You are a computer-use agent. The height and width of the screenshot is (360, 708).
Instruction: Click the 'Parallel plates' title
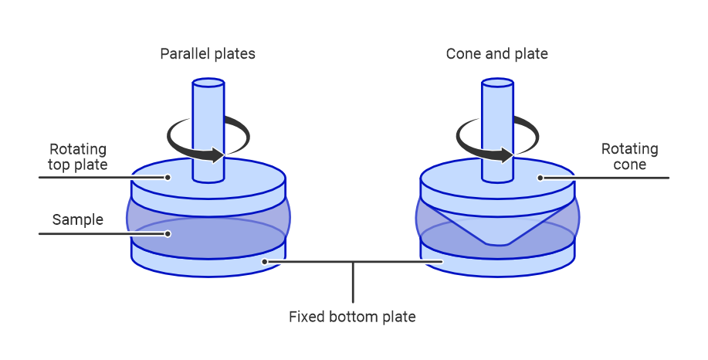(x=207, y=54)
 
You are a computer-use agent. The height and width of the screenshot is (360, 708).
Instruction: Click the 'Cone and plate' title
(x=496, y=54)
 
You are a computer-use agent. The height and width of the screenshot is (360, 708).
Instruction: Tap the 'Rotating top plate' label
(x=78, y=157)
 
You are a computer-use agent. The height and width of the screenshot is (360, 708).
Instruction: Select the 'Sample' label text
(x=78, y=219)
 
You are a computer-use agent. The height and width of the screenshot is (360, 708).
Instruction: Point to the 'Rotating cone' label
(x=630, y=157)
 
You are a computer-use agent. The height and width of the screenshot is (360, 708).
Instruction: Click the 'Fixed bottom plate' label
(x=352, y=317)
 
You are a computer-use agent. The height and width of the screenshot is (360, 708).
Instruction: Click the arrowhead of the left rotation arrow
(x=220, y=155)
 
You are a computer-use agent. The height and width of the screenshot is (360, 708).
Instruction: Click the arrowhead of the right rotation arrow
(x=510, y=155)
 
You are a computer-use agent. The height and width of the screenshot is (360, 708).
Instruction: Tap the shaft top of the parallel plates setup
(x=208, y=82)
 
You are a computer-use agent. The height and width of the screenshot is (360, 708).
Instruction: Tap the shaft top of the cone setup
(x=497, y=82)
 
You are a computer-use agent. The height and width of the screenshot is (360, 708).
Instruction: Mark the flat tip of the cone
(x=498, y=243)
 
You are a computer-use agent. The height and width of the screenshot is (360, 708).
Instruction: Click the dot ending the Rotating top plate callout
(x=168, y=178)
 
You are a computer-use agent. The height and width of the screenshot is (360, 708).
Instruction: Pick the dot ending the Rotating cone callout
(x=540, y=178)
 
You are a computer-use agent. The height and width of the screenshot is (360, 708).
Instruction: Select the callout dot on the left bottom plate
(x=265, y=262)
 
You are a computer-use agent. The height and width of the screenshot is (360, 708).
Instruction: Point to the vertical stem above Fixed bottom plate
(x=353, y=283)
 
